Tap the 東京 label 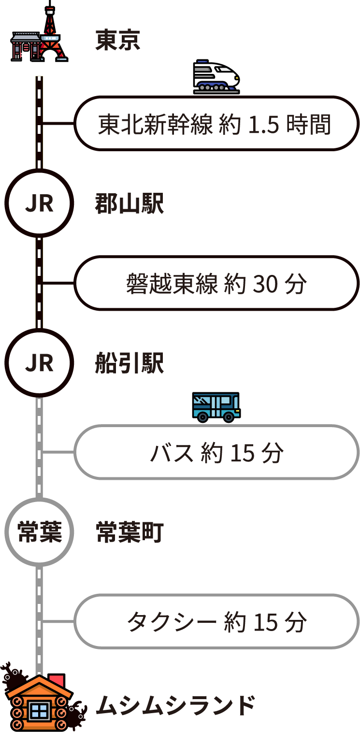click(117, 40)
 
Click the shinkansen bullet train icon click(216, 77)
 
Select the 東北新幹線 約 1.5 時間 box click(216, 124)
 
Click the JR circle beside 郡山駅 click(39, 203)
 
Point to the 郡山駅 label click(129, 204)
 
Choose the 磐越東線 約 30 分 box click(216, 283)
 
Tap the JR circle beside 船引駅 click(39, 362)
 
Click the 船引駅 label click(129, 363)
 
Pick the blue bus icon click(216, 407)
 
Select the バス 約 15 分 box click(216, 452)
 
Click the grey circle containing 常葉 click(39, 531)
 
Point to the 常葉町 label click(129, 532)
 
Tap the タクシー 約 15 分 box click(216, 621)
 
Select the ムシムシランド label click(175, 706)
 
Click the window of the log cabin click(39, 710)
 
